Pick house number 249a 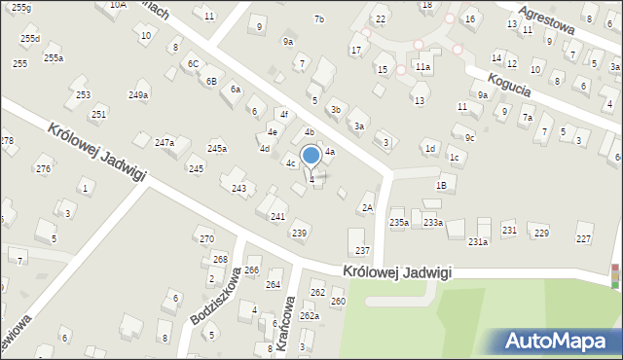click(138, 94)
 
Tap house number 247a click(165, 143)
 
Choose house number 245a click(217, 148)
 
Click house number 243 click(238, 188)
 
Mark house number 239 click(300, 233)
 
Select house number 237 click(362, 251)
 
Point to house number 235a click(399, 223)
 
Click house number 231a click(478, 241)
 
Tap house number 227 click(584, 238)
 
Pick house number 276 click(43, 169)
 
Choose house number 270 click(206, 238)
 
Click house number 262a click(310, 316)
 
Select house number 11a click(422, 67)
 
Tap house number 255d click(30, 39)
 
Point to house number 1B click(441, 185)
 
